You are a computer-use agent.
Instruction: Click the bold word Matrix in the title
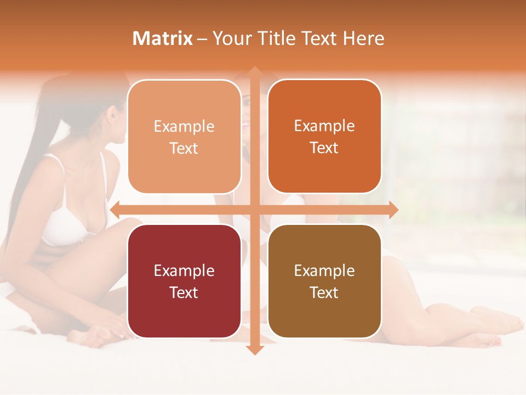click(x=163, y=38)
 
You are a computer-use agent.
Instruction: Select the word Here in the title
click(x=363, y=38)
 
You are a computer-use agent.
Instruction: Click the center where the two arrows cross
click(x=254, y=210)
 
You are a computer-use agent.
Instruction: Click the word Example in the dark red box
click(x=184, y=270)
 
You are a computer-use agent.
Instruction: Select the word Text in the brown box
click(x=324, y=292)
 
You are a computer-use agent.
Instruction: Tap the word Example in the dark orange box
click(x=324, y=126)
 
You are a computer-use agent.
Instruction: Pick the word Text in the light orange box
click(x=184, y=148)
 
